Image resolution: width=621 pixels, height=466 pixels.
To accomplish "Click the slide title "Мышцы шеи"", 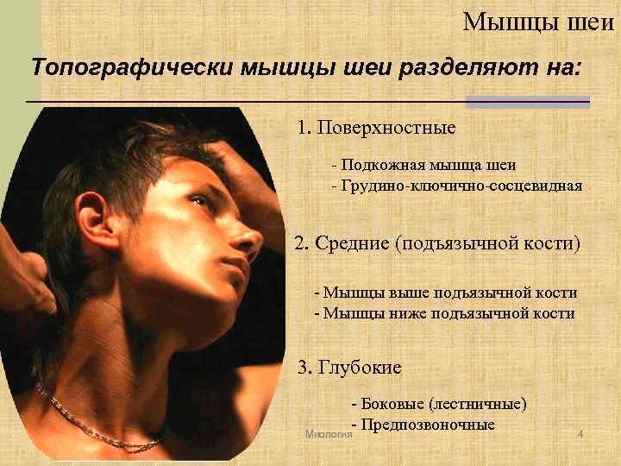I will click(x=539, y=20).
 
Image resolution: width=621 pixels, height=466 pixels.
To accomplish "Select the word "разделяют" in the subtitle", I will click(x=457, y=66).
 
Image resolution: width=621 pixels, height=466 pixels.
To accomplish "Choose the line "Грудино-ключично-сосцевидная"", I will click(x=456, y=186).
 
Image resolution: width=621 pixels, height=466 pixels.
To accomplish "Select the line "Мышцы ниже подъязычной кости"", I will click(x=443, y=313).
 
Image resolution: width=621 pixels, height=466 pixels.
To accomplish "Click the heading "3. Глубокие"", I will click(x=349, y=368).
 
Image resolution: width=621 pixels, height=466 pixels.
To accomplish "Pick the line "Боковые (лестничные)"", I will click(x=439, y=403).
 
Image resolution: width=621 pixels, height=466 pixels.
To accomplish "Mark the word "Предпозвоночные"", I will click(x=429, y=424).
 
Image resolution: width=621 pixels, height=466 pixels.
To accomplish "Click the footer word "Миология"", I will click(x=329, y=433).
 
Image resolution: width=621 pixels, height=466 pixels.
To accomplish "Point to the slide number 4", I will click(x=580, y=432).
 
